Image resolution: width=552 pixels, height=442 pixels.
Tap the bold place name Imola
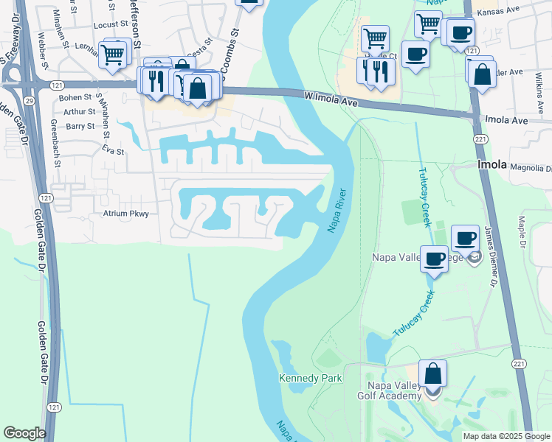click(492, 165)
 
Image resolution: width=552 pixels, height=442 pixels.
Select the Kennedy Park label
click(311, 378)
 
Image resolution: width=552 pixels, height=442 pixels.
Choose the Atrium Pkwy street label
click(126, 214)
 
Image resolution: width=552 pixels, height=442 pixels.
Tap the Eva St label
click(114, 151)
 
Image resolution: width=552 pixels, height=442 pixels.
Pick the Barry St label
click(80, 126)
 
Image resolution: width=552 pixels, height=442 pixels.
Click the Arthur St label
click(80, 112)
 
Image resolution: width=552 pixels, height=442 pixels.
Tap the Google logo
click(24, 433)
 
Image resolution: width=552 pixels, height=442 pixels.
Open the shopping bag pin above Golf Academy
click(432, 373)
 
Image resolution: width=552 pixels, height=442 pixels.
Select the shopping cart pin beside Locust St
click(113, 54)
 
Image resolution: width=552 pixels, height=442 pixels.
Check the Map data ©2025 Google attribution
click(506, 436)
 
